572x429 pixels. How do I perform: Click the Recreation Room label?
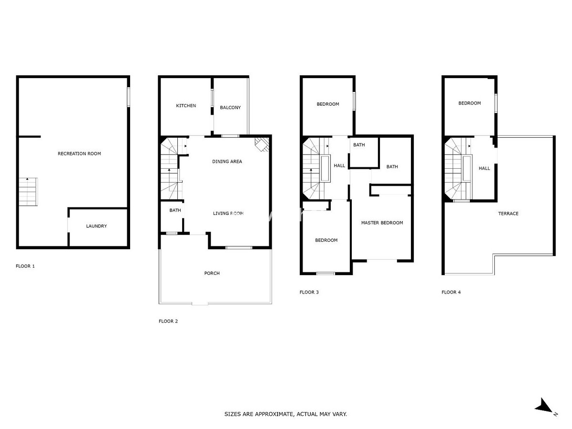coord(79,153)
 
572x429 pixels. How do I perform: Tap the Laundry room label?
coord(96,226)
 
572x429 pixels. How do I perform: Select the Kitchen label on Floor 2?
coord(186,105)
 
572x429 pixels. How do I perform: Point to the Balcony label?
coord(230,107)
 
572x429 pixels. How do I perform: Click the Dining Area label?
coord(227,161)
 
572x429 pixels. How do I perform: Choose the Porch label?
coord(212,273)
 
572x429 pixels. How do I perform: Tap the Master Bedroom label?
coord(382,223)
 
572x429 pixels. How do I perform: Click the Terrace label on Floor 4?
coord(508,214)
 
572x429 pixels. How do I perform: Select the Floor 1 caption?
coord(25,266)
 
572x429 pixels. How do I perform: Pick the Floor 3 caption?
coord(309,292)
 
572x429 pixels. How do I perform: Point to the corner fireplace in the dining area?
coord(262,144)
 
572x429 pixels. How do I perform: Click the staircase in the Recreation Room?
coord(27,191)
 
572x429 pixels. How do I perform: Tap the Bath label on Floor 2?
coord(175,210)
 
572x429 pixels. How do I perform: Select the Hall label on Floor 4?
coord(484,168)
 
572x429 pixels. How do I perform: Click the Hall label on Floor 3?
coord(339,165)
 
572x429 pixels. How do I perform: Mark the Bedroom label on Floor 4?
coord(470,103)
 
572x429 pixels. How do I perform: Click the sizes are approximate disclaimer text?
coord(286,414)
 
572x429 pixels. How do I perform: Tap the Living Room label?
coord(228,214)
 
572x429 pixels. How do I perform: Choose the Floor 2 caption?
coord(168,321)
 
